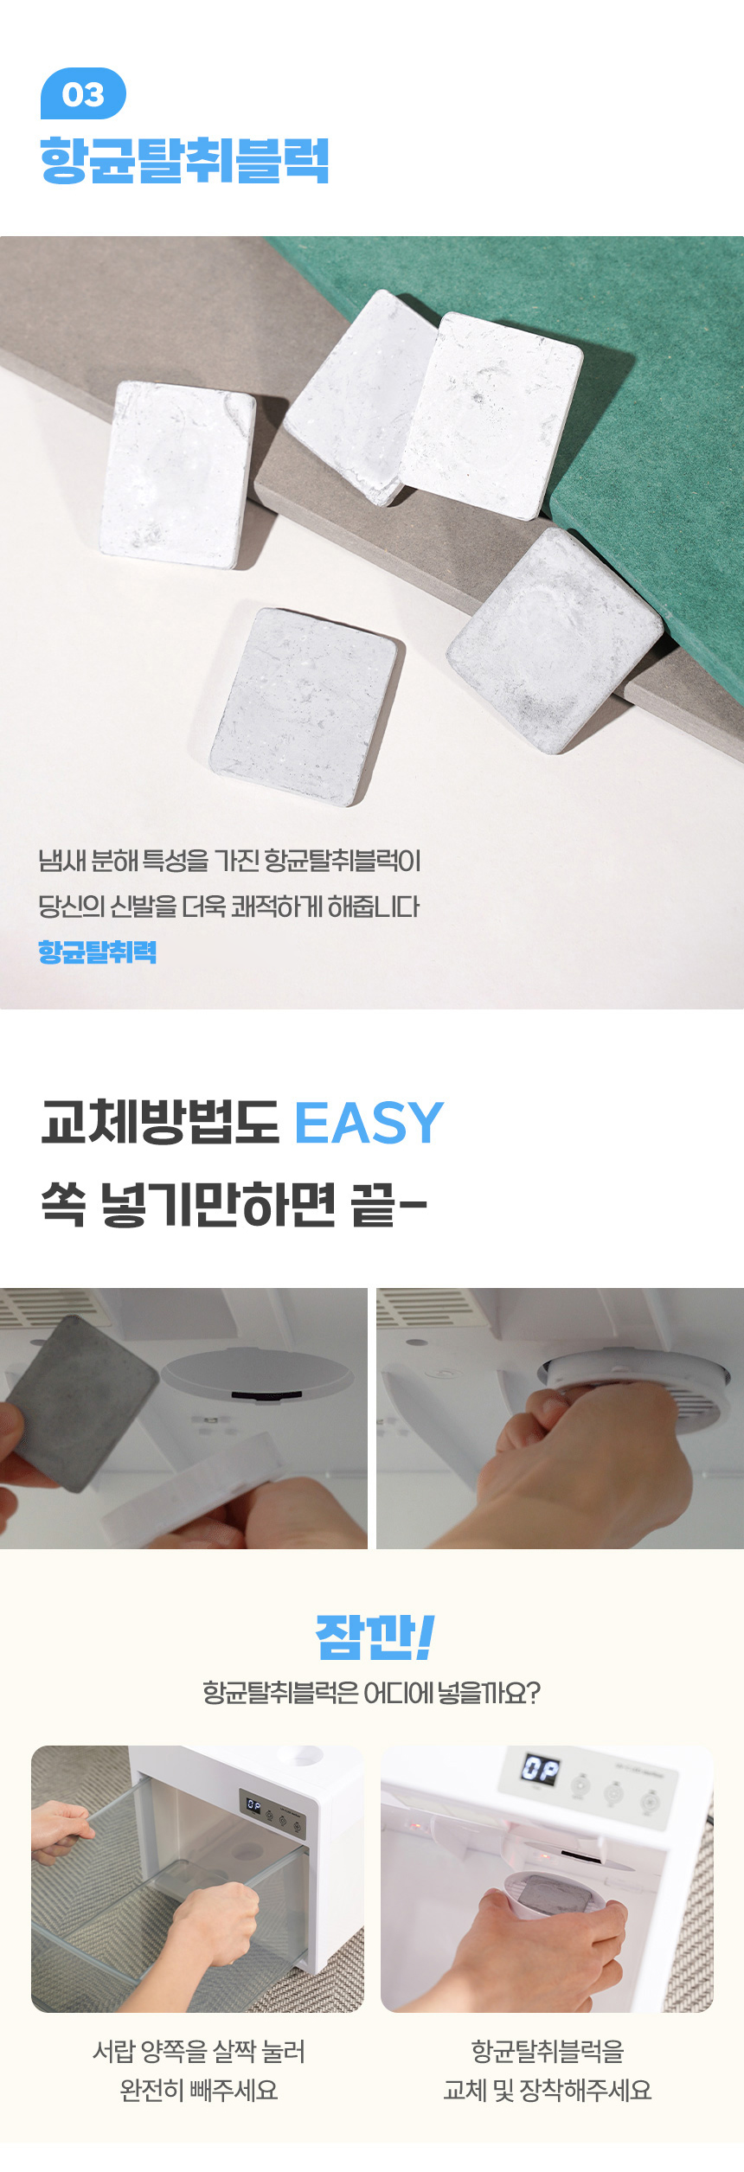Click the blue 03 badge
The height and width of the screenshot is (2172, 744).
[x=83, y=93]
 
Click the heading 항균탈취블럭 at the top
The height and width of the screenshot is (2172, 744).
[x=184, y=160]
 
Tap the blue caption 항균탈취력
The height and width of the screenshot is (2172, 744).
[x=97, y=951]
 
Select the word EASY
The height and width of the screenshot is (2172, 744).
[x=369, y=1123]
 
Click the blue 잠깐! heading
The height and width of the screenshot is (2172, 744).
[x=374, y=1637]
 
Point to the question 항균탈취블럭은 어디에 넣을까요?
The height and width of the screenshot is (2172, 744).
[x=371, y=1693]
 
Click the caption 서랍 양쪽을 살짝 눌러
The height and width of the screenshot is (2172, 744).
[x=199, y=2051]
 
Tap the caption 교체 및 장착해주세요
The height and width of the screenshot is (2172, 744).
[x=548, y=2090]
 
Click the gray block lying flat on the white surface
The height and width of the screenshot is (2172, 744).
[x=307, y=706]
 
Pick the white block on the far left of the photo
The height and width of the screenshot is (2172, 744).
[x=178, y=474]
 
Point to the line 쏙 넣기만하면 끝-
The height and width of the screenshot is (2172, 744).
[x=234, y=1204]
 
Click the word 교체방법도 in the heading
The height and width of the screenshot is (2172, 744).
[x=160, y=1123]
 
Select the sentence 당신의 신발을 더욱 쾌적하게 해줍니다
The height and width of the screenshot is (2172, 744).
[x=229, y=907]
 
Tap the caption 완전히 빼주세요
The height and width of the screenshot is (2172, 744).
[x=199, y=2090]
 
